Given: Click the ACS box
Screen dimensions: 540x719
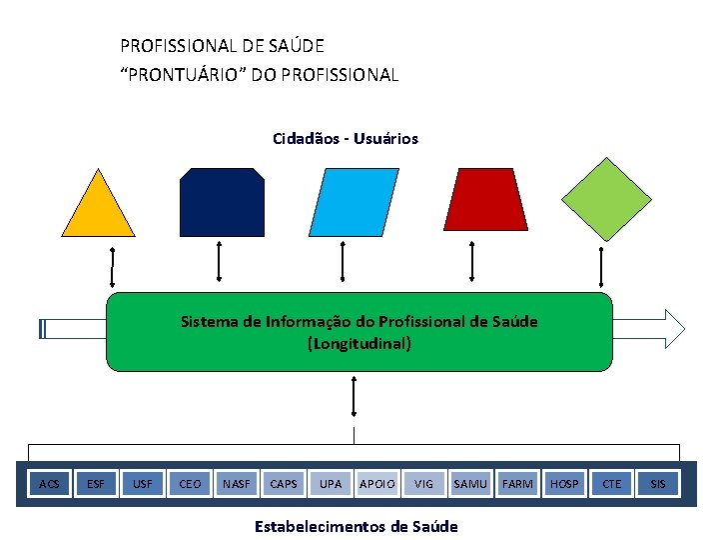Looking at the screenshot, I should click(49, 484).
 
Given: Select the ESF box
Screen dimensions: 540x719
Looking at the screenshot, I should click(96, 484).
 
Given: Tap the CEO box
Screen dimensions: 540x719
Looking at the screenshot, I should click(190, 484).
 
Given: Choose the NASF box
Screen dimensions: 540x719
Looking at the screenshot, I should click(237, 484).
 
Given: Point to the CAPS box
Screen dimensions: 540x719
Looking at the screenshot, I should click(284, 484).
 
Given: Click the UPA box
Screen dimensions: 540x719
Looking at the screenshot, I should click(331, 484).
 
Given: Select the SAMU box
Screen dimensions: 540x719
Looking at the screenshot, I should click(470, 484).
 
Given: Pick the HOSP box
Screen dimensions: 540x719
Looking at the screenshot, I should click(564, 484).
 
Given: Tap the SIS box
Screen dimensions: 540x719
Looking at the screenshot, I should click(658, 484).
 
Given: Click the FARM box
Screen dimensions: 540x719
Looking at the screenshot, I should click(517, 484).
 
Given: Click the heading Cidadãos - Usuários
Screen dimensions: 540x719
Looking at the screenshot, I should click(346, 139).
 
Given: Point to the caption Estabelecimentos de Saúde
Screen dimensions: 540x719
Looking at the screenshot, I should click(357, 526).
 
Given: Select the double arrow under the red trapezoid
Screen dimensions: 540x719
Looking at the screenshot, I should click(472, 265).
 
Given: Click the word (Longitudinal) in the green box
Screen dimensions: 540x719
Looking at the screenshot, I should click(359, 344).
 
